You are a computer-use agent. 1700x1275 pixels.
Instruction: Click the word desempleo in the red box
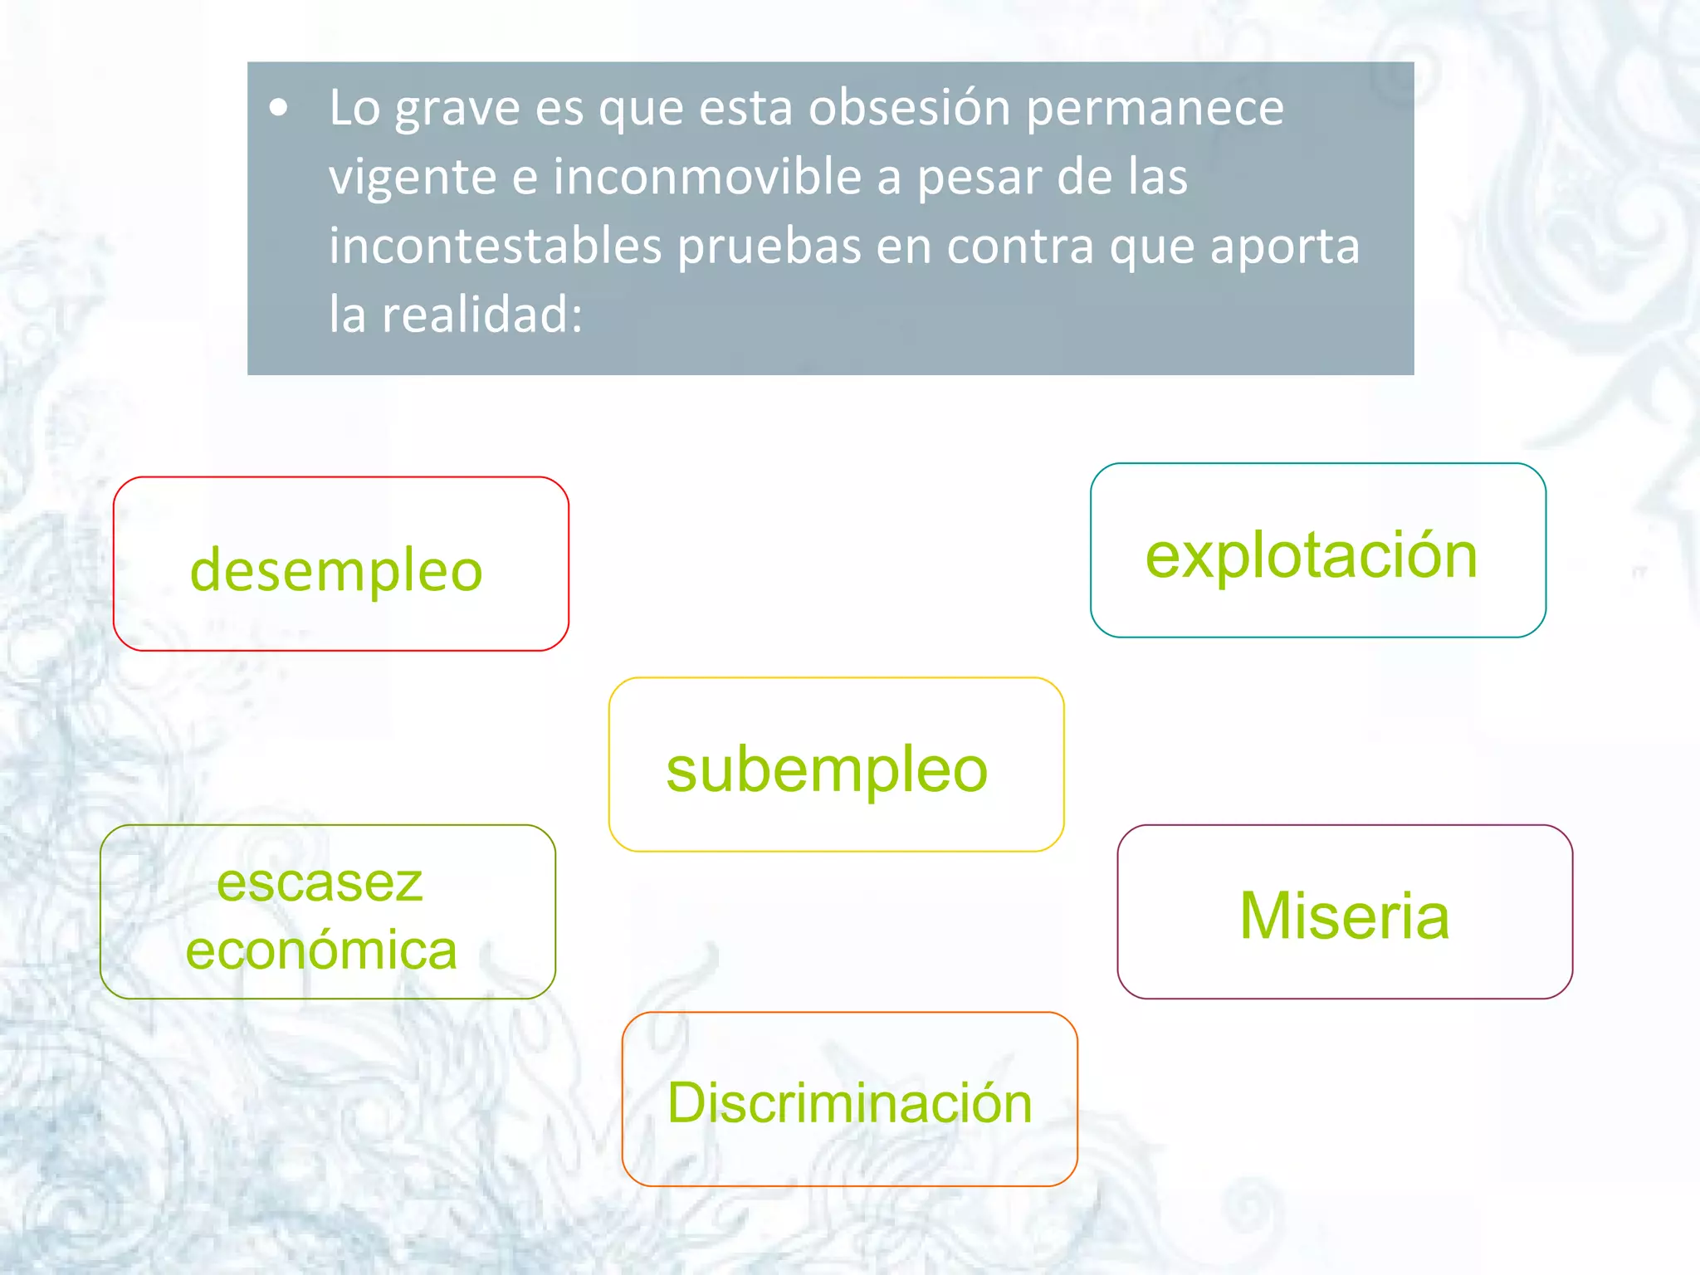click(x=336, y=571)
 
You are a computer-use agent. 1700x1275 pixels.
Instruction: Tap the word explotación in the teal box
click(x=1312, y=555)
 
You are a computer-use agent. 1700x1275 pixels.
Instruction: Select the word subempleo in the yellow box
click(x=827, y=770)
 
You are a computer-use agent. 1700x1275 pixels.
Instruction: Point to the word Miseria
click(x=1345, y=916)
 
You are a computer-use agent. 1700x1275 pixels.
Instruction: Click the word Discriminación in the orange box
click(x=850, y=1103)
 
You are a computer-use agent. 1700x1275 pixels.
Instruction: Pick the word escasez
click(x=320, y=882)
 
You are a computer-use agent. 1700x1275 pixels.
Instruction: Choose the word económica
click(x=321, y=950)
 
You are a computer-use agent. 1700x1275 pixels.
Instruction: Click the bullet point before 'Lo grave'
click(x=279, y=108)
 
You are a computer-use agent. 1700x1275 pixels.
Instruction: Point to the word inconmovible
click(x=709, y=177)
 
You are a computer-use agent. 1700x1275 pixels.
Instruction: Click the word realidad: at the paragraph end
click(x=482, y=315)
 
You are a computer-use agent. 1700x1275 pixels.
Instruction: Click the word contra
click(x=1020, y=247)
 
